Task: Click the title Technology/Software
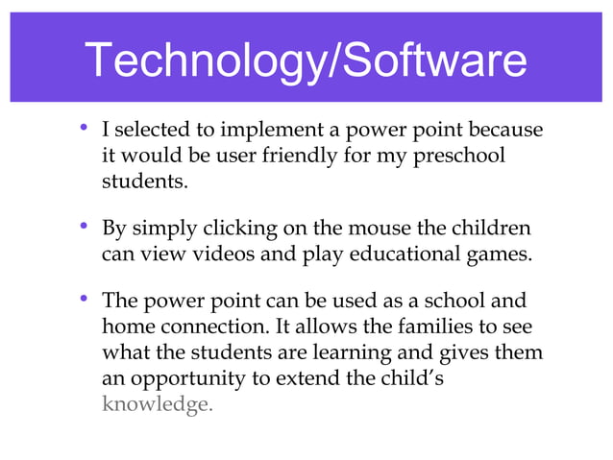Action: (306, 61)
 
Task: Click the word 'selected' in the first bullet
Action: (150, 130)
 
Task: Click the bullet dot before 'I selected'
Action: (86, 128)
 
